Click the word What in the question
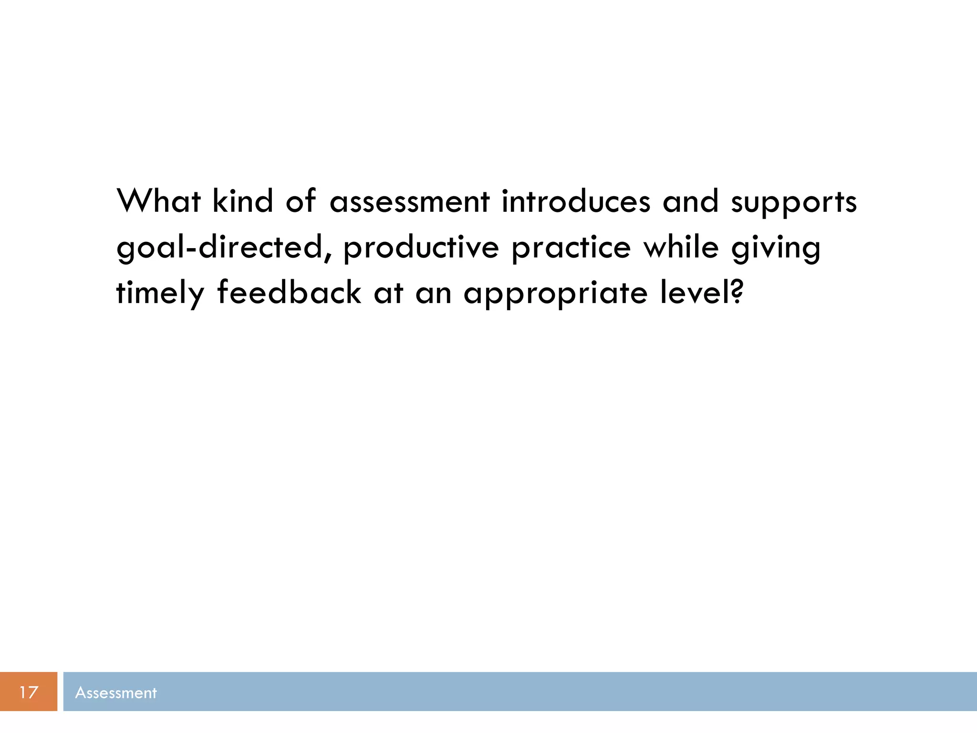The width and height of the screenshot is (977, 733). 158,201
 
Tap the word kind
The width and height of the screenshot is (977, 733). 242,201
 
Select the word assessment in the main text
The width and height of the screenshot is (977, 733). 409,201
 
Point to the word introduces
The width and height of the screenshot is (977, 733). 576,201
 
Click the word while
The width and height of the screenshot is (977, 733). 681,247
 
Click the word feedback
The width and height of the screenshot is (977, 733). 289,292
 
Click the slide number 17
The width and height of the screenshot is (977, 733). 29,692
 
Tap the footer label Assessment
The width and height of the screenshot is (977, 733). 116,692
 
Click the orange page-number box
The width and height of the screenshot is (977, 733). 29,691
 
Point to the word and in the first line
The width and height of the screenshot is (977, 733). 690,201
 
